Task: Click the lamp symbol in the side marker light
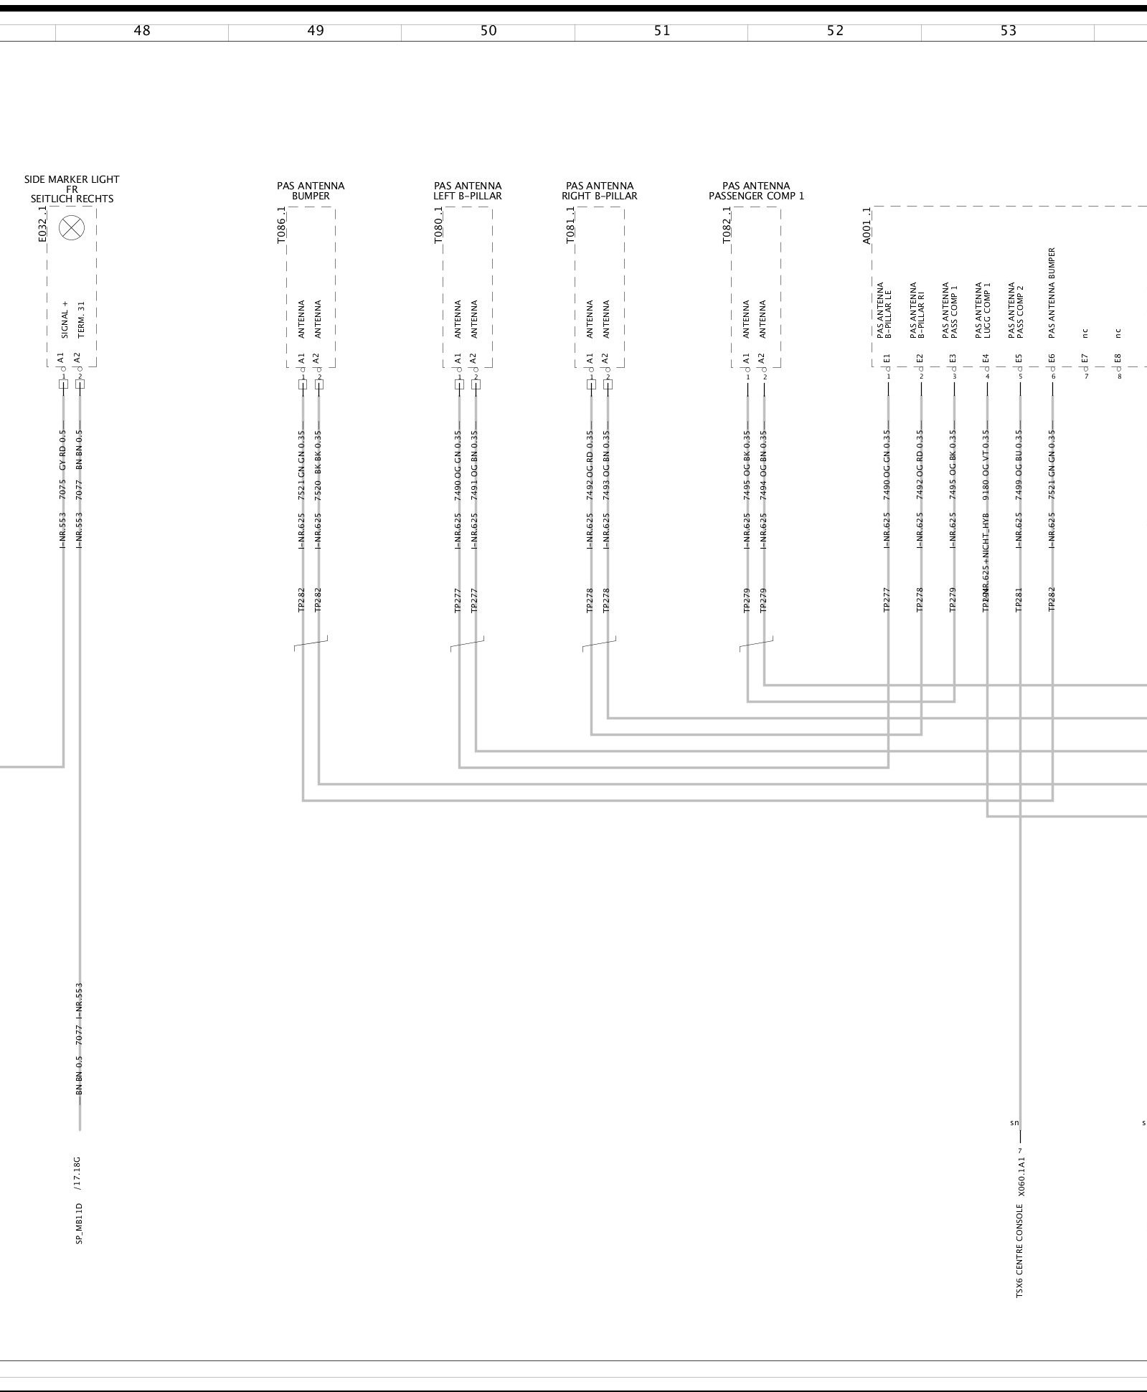pyautogui.click(x=71, y=229)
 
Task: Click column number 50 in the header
pyautogui.click(x=488, y=31)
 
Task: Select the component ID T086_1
pyautogui.click(x=281, y=225)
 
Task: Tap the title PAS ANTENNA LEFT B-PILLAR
pyautogui.click(x=468, y=191)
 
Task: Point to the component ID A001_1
pyautogui.click(x=867, y=226)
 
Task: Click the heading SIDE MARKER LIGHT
pyautogui.click(x=72, y=179)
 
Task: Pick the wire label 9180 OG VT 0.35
pyautogui.click(x=986, y=465)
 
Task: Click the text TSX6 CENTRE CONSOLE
pyautogui.click(x=1019, y=1251)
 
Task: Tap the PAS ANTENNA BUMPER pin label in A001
pyautogui.click(x=1052, y=293)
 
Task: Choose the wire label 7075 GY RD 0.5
pyautogui.click(x=63, y=465)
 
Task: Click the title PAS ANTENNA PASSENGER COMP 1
pyautogui.click(x=756, y=191)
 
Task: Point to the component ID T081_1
pyautogui.click(x=570, y=225)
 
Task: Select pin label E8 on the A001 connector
pyautogui.click(x=1118, y=358)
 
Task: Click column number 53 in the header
pyautogui.click(x=1008, y=31)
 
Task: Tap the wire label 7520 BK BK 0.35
pyautogui.click(x=318, y=465)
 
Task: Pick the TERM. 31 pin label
pyautogui.click(x=80, y=319)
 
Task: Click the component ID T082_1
pyautogui.click(x=727, y=225)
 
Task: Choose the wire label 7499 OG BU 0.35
pyautogui.click(x=1019, y=465)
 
